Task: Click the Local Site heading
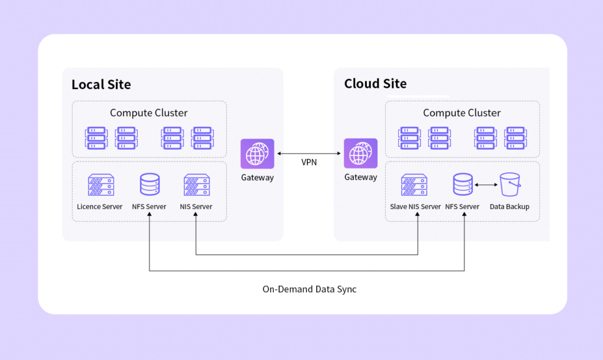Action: (101, 84)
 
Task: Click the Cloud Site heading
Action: (375, 84)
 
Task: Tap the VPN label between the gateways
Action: (309, 162)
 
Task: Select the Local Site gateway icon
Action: (257, 154)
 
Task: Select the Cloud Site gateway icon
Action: (360, 154)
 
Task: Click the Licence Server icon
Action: (100, 185)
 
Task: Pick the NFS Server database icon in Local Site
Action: (150, 185)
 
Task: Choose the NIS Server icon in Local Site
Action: (196, 185)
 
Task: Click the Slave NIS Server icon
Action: (415, 185)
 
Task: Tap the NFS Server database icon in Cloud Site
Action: (463, 185)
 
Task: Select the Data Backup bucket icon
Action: (509, 185)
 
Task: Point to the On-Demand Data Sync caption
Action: (309, 289)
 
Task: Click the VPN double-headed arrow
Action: (309, 153)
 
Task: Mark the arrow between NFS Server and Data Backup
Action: (485, 185)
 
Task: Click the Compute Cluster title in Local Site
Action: (149, 113)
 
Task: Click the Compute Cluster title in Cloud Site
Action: (462, 113)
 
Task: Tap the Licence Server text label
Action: (100, 207)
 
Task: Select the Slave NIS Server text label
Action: (415, 207)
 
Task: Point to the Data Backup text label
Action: (509, 207)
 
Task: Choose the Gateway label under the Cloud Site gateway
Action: (360, 177)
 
